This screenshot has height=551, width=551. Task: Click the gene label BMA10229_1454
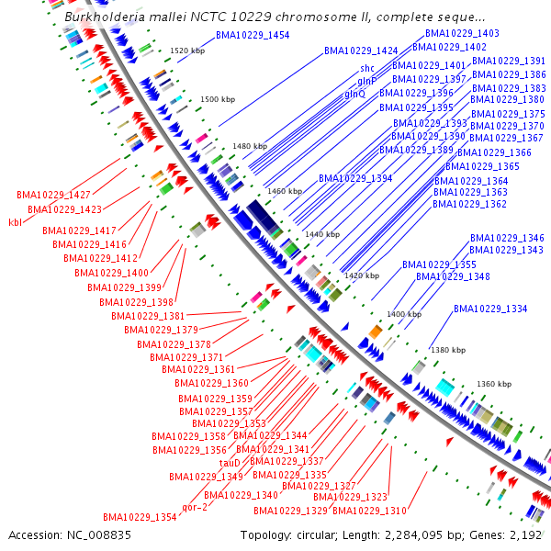(253, 35)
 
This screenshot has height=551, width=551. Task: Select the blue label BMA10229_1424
(361, 51)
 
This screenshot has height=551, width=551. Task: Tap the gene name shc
(366, 68)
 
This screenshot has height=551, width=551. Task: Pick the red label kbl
(15, 221)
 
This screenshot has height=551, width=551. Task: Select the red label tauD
(230, 463)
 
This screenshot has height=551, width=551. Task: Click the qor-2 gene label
(195, 507)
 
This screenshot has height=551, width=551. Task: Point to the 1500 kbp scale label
(219, 99)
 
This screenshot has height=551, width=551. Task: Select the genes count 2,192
(524, 534)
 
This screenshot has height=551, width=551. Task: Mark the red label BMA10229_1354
(140, 517)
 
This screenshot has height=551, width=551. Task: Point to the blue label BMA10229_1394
(355, 178)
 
